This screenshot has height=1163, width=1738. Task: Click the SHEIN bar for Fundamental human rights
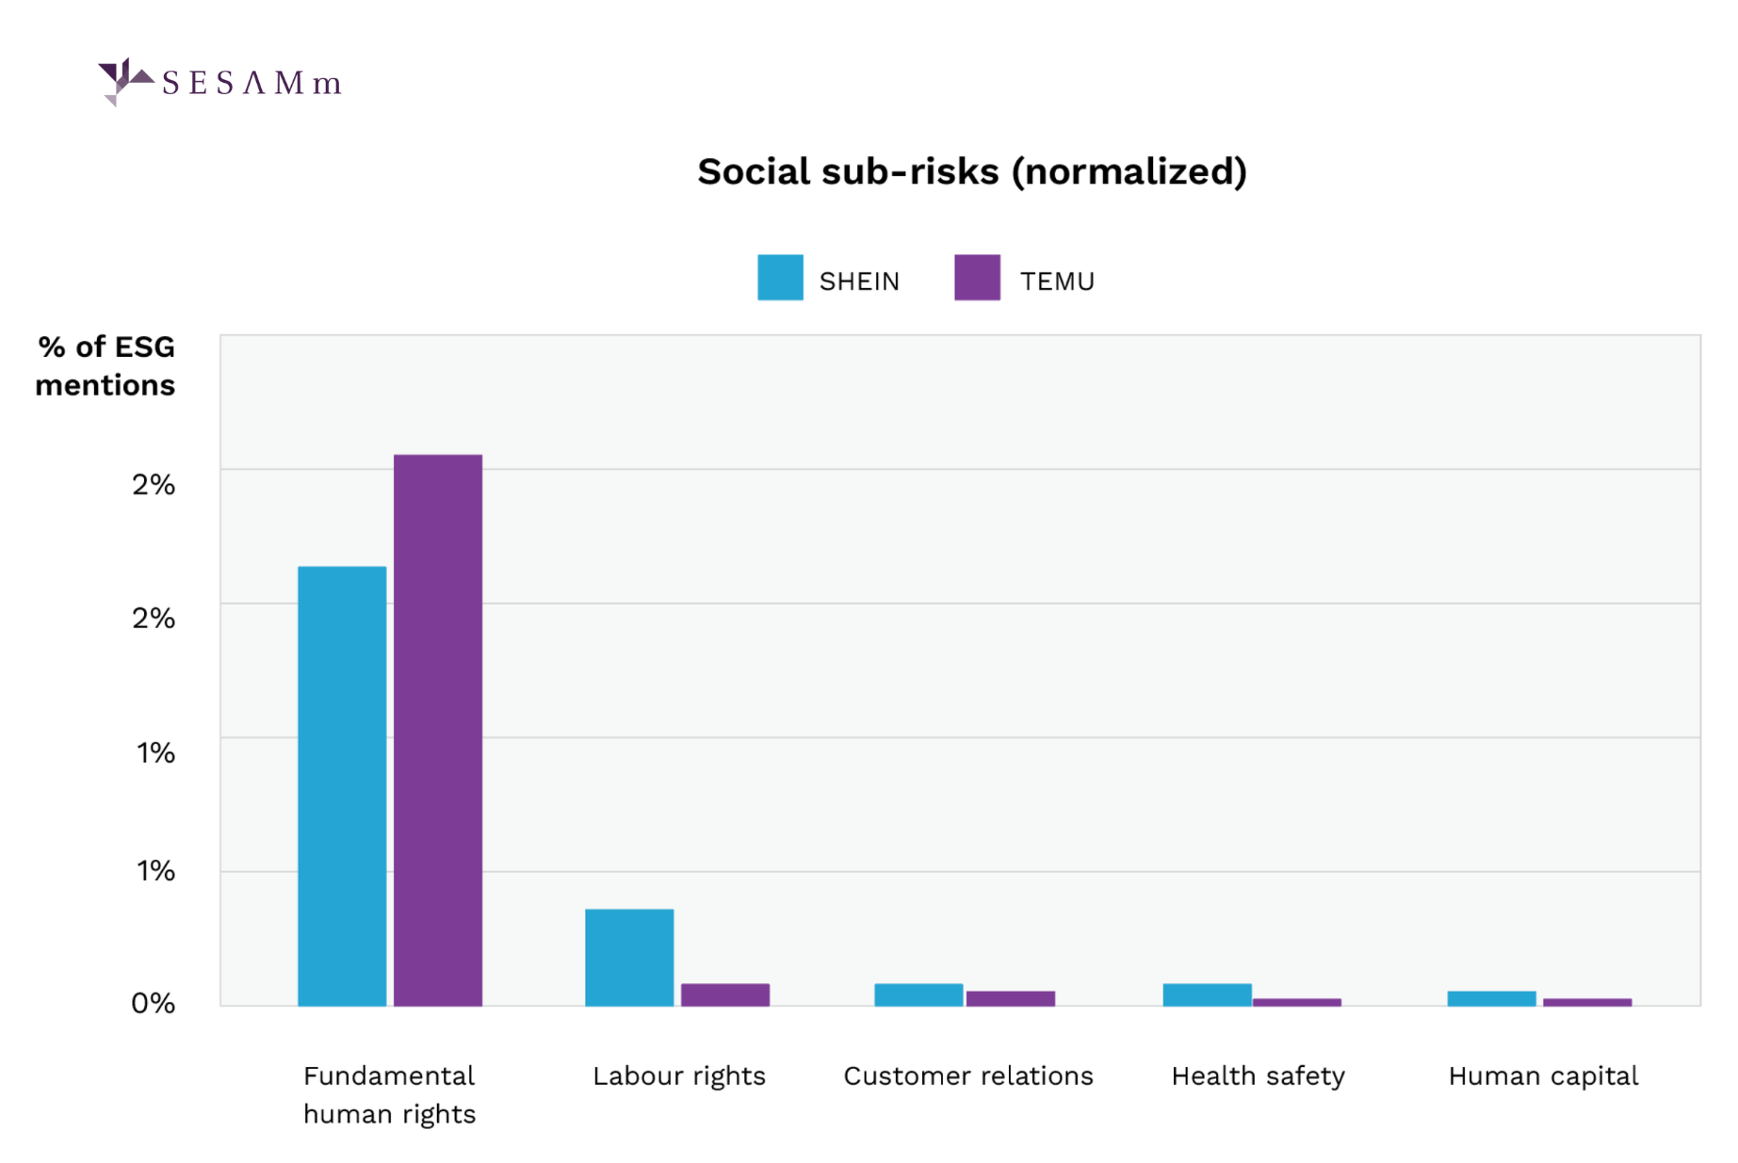click(342, 786)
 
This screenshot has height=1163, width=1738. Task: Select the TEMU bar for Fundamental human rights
click(438, 730)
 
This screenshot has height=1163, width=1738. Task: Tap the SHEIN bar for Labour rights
click(629, 957)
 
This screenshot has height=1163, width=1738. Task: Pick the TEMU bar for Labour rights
click(725, 994)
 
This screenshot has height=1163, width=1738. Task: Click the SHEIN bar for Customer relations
click(918, 994)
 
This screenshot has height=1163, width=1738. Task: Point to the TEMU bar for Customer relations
click(1011, 998)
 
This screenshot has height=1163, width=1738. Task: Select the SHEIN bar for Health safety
click(1207, 994)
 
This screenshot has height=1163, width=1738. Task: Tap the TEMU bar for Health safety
click(1297, 1002)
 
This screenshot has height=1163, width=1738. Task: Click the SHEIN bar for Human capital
click(1491, 998)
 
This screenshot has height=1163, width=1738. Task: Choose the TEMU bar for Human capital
click(1587, 1002)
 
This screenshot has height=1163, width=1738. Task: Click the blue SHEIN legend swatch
click(780, 278)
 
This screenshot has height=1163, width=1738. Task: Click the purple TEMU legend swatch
click(977, 278)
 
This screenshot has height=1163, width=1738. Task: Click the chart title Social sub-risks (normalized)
click(972, 172)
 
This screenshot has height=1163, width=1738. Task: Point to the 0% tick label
click(154, 1003)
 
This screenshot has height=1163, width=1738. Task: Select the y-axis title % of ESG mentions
click(106, 365)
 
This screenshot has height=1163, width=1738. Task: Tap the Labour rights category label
click(678, 1075)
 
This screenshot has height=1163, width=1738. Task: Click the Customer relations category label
click(967, 1075)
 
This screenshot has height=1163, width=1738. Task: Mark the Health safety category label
click(1258, 1075)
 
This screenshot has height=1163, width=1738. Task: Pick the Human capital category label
click(1543, 1075)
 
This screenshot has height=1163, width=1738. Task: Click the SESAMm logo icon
click(123, 81)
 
